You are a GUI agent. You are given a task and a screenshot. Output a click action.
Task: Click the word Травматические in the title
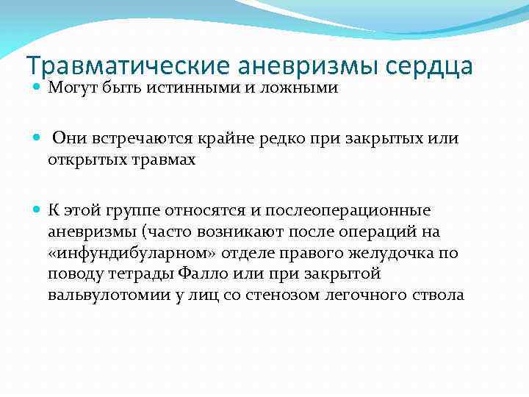[129, 66]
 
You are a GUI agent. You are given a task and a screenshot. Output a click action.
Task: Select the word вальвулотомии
[99, 296]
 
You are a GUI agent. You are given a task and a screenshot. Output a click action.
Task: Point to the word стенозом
[287, 296]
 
